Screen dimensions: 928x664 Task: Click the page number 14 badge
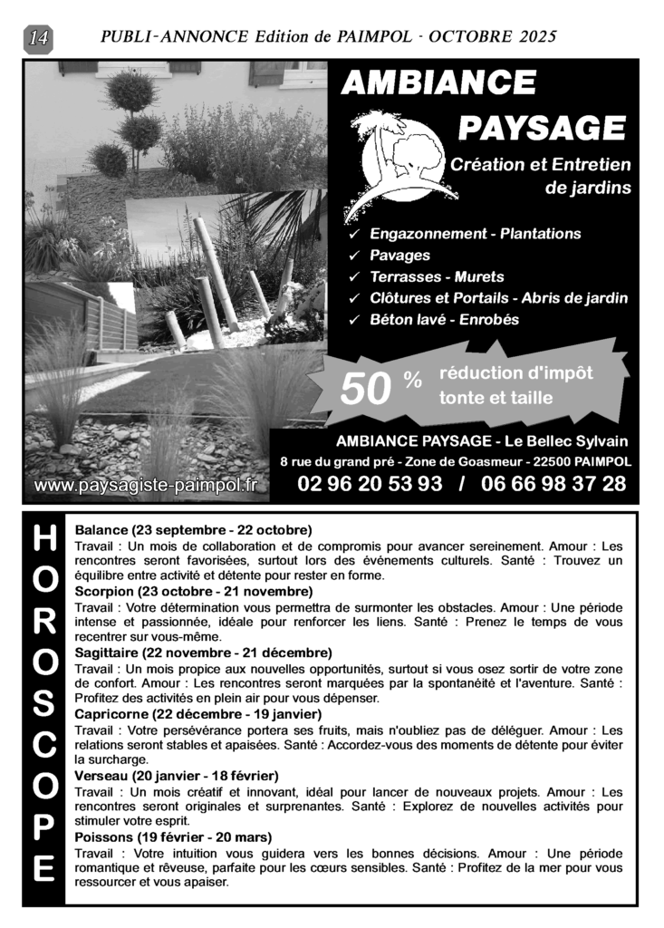coord(40,38)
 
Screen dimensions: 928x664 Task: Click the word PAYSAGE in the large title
coord(541,128)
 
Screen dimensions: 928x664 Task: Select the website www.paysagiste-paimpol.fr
coord(145,486)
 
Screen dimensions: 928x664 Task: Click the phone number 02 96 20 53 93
coord(370,484)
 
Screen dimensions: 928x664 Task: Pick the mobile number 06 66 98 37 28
coord(553,484)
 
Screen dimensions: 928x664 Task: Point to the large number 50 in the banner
coord(365,390)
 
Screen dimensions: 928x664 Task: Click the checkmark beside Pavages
coord(355,256)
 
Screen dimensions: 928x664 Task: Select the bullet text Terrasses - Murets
coord(437,276)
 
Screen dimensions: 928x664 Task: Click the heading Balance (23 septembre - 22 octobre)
coord(193,529)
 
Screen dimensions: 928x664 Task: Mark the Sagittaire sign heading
coord(203,652)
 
